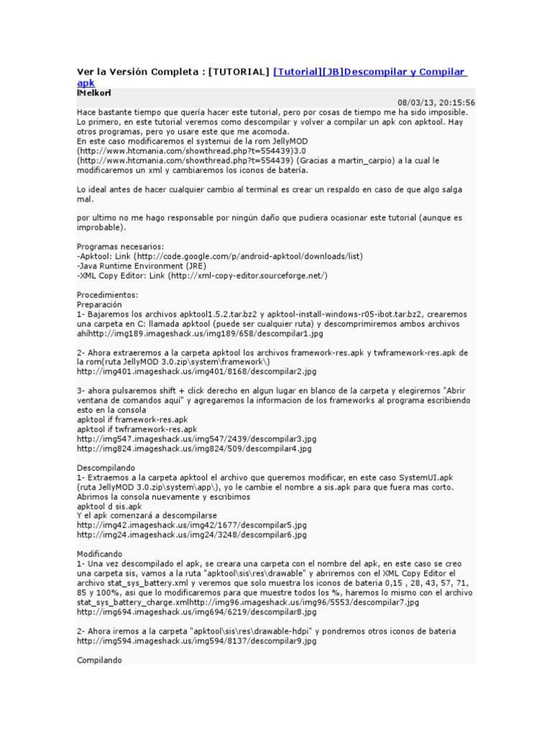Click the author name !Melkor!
tap(93, 93)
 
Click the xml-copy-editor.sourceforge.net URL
tap(248, 276)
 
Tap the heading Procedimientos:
tap(108, 295)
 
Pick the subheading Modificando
tap(100, 554)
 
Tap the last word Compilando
tap(99, 660)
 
